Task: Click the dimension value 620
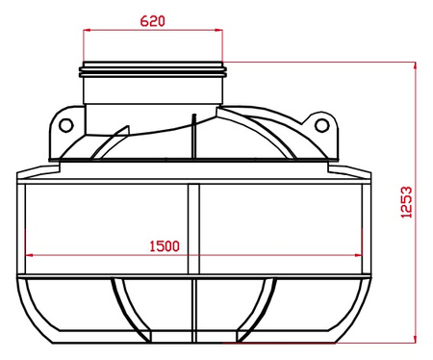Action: [155, 19]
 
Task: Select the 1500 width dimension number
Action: [166, 245]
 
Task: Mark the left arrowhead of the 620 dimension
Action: [88, 30]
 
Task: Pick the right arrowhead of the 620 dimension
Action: [223, 30]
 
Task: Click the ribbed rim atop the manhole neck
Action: [155, 69]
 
